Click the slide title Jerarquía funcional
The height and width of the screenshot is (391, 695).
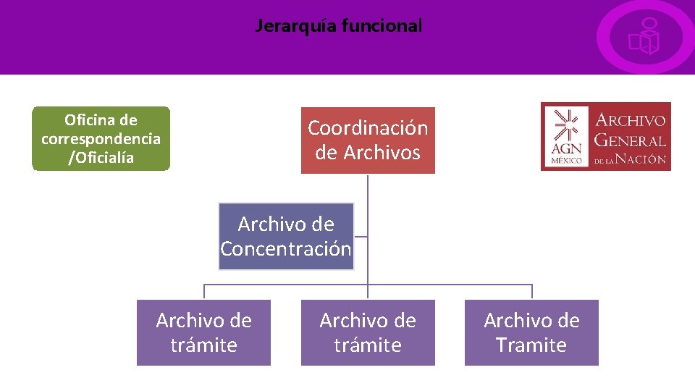click(x=338, y=27)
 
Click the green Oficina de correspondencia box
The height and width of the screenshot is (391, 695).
click(x=101, y=138)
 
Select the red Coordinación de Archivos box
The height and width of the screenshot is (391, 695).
click(x=368, y=140)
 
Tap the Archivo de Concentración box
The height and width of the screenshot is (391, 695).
click(x=286, y=236)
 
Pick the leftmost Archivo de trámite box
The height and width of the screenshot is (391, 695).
click(x=203, y=332)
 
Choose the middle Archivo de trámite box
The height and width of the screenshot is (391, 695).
click(x=368, y=332)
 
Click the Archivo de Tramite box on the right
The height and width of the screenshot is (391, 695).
click(x=531, y=332)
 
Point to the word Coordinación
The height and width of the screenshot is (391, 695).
click(x=368, y=128)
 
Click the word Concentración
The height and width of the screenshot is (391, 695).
click(x=286, y=249)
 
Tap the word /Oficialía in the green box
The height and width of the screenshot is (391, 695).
click(x=101, y=157)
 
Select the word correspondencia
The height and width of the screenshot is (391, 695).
click(x=101, y=138)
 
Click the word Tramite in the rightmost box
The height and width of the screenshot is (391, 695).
click(x=531, y=345)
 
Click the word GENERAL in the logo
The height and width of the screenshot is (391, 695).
click(x=629, y=140)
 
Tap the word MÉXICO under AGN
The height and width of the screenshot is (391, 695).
click(x=566, y=161)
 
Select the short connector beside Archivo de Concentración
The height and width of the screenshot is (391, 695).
click(x=361, y=236)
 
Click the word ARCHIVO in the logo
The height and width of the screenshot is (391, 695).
click(x=629, y=120)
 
